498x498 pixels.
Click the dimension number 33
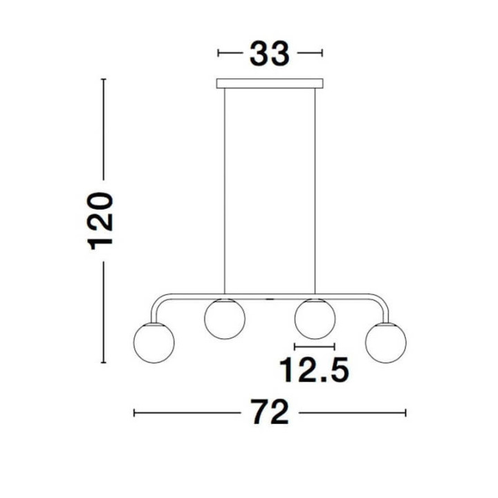click(x=269, y=54)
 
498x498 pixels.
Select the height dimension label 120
click(x=100, y=221)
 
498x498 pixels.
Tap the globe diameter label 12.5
click(x=314, y=370)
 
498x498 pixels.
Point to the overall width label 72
click(x=270, y=412)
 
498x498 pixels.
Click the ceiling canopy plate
click(x=270, y=83)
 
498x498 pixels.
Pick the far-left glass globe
click(x=154, y=342)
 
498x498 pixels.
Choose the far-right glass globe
click(x=385, y=342)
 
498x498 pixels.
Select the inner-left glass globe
click(x=225, y=319)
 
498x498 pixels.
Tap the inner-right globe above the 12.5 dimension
click(x=315, y=319)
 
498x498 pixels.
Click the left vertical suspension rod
click(x=225, y=191)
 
